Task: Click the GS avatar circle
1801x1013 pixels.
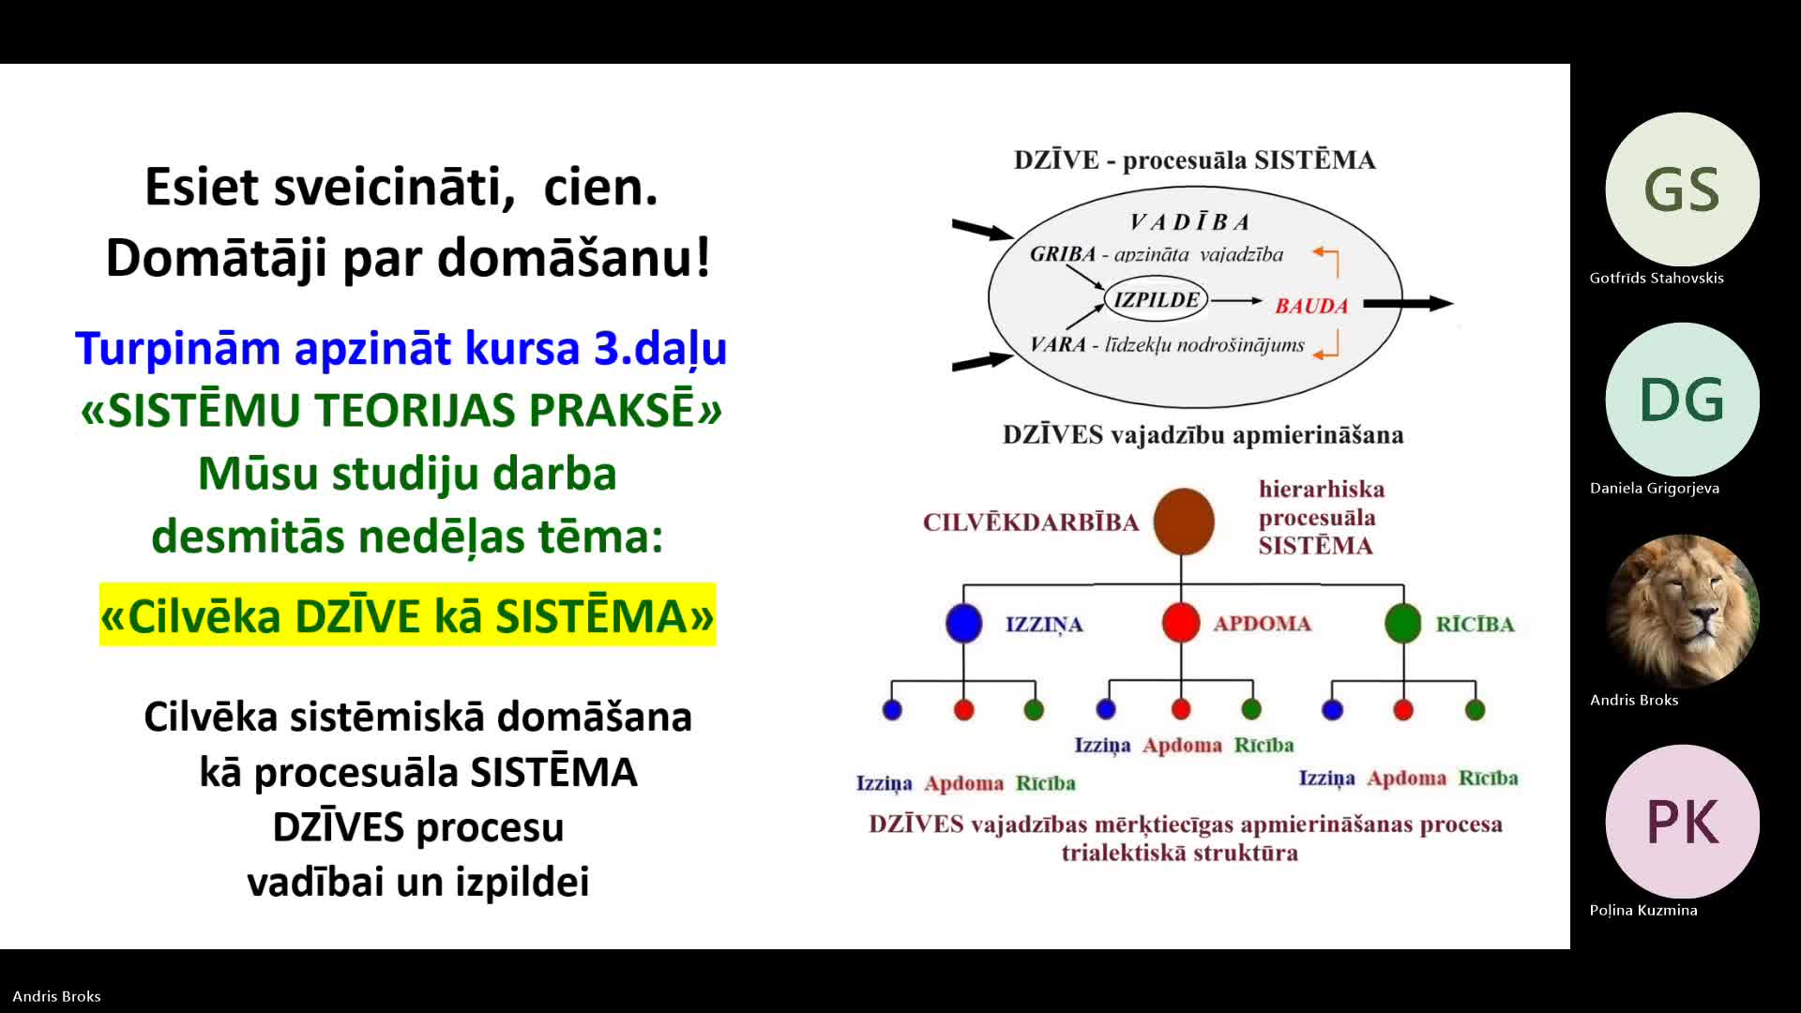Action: pyautogui.click(x=1682, y=189)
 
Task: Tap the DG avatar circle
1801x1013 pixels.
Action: pyautogui.click(x=1682, y=400)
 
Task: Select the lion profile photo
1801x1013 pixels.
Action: pyautogui.click(x=1682, y=611)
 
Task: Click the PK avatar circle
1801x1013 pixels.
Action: pyautogui.click(x=1682, y=822)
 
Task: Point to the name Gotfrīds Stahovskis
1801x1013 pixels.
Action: pyautogui.click(x=1657, y=278)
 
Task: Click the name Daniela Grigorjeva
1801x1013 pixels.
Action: pyautogui.click(x=1655, y=488)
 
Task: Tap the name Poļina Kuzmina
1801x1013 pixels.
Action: pyautogui.click(x=1643, y=910)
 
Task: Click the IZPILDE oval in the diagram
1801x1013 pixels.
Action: pyautogui.click(x=1157, y=300)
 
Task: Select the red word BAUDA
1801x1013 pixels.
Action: pyautogui.click(x=1311, y=306)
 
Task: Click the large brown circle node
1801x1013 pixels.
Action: pyautogui.click(x=1183, y=522)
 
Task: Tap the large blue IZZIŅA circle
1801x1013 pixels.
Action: pyautogui.click(x=963, y=624)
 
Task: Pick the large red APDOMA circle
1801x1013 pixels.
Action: pyautogui.click(x=1181, y=623)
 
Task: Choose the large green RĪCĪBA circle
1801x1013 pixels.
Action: pyautogui.click(x=1403, y=624)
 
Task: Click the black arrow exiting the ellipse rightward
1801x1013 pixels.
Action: pyautogui.click(x=1408, y=303)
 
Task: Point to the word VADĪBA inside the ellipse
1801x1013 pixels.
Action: pyautogui.click(x=1189, y=222)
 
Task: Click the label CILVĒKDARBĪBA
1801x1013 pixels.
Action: pyautogui.click(x=1030, y=522)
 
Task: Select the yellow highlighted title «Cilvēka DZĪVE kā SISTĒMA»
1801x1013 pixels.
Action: pyautogui.click(x=407, y=615)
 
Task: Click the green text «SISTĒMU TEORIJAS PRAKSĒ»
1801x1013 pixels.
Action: pyautogui.click(x=401, y=410)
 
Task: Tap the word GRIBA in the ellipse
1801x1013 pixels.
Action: pyautogui.click(x=1063, y=254)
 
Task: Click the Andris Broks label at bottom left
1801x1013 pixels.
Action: pyautogui.click(x=56, y=996)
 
